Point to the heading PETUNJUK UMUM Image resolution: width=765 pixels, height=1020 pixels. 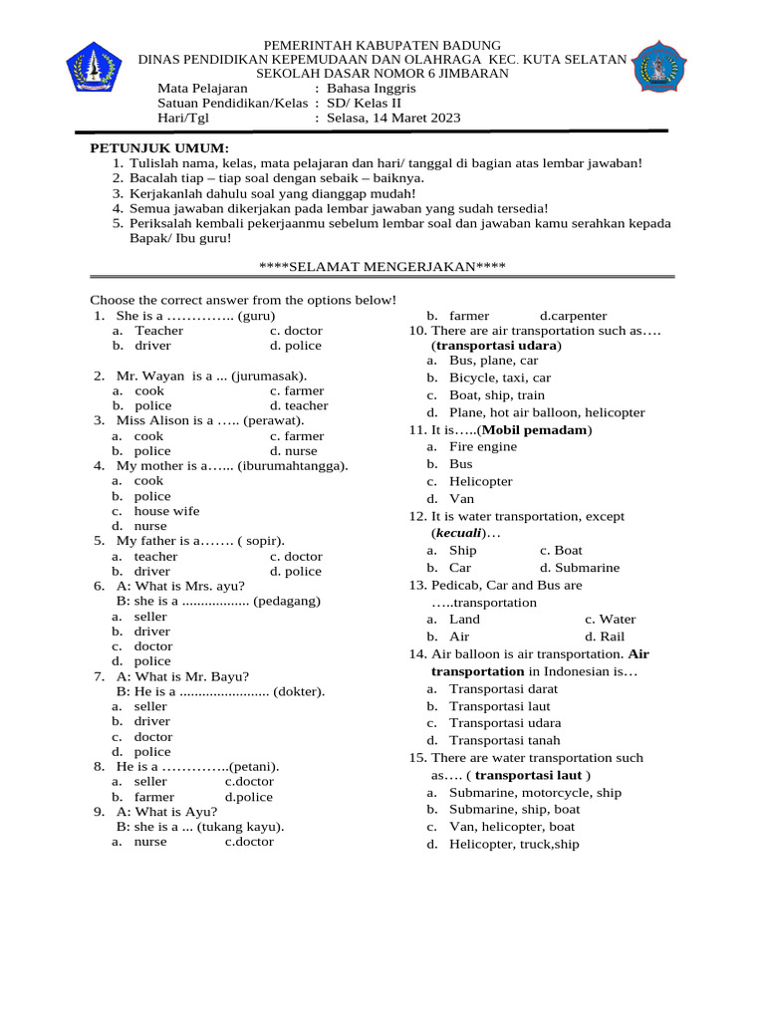(158, 147)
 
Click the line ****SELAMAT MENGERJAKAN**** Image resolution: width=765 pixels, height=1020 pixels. (382, 266)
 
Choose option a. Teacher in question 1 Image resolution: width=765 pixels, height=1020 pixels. (158, 330)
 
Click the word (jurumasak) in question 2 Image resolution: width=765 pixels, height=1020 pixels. (269, 376)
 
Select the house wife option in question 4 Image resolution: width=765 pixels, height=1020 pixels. (166, 511)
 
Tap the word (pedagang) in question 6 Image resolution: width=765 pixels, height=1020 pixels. (287, 601)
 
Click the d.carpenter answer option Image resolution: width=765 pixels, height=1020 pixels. (573, 316)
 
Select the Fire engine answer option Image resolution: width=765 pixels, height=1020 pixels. (482, 446)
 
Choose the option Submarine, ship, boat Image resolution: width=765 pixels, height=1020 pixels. (514, 809)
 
